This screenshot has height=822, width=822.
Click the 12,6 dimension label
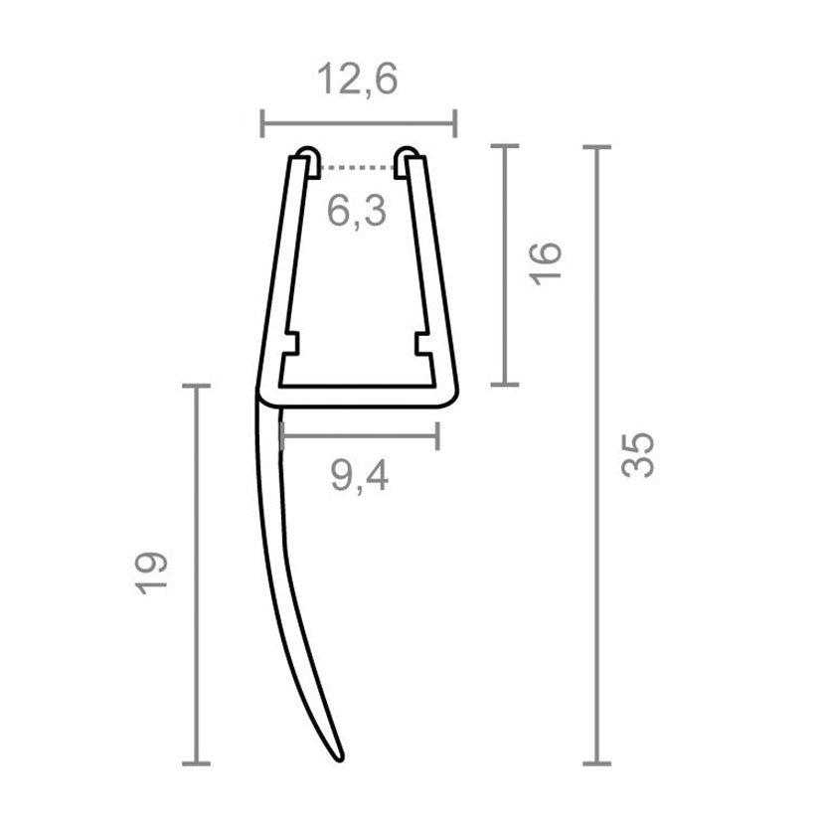pos(358,80)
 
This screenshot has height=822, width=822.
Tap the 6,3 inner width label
pos(357,211)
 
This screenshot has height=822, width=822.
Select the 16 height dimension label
pos(546,263)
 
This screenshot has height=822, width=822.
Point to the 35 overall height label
pos(637,454)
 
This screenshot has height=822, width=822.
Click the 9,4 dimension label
pos(360,476)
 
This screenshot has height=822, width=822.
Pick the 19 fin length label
pos(151,573)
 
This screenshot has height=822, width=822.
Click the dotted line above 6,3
pos(357,168)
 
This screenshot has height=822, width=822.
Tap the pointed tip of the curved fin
pos(341,759)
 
